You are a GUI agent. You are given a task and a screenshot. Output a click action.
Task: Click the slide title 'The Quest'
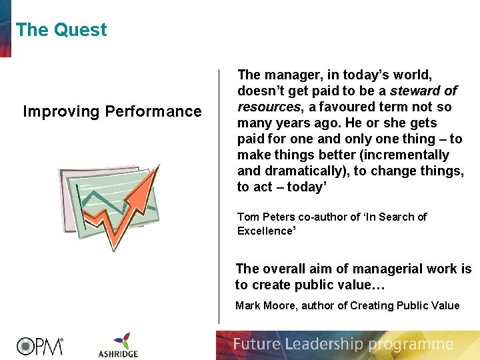point(61,30)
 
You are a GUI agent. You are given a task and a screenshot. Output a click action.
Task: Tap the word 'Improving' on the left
point(61,111)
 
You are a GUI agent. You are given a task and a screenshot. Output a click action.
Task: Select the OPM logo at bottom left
point(40,345)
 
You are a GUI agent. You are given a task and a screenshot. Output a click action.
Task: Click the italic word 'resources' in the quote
point(268,107)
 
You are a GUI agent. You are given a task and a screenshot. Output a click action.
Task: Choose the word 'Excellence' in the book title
point(265,231)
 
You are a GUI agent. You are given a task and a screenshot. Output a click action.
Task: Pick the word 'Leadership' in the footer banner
point(325,345)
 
